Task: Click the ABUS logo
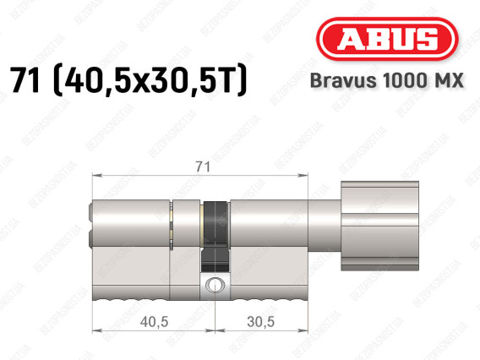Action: tap(387, 39)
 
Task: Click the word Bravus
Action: tap(343, 80)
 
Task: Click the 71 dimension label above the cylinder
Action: tap(203, 166)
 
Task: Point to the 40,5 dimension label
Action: tap(155, 322)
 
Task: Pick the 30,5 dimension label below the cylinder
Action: tap(261, 322)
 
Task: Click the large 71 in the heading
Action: tap(25, 79)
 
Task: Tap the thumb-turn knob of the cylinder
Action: tap(379, 226)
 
